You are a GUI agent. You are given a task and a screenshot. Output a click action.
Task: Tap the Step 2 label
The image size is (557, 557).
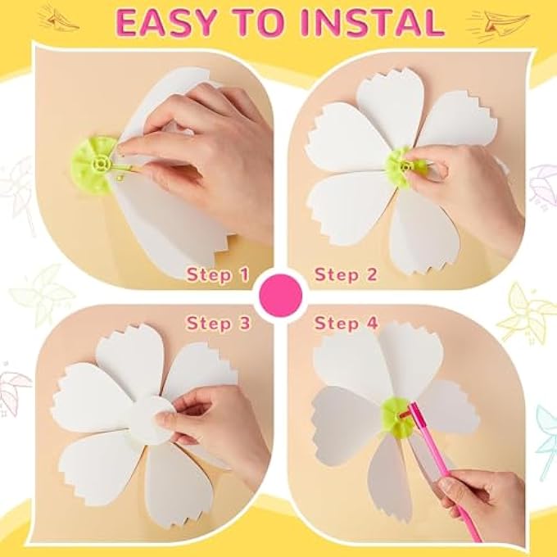click(346, 274)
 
